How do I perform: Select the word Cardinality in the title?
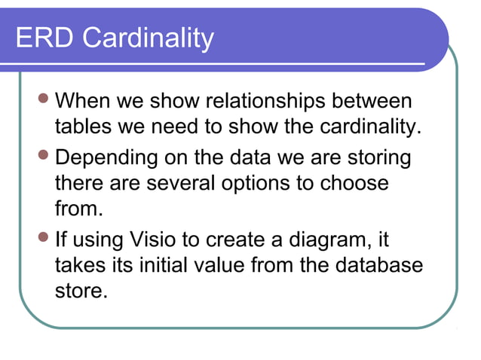(x=147, y=38)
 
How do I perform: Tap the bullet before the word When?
(x=46, y=99)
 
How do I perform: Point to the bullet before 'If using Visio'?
(x=46, y=241)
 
